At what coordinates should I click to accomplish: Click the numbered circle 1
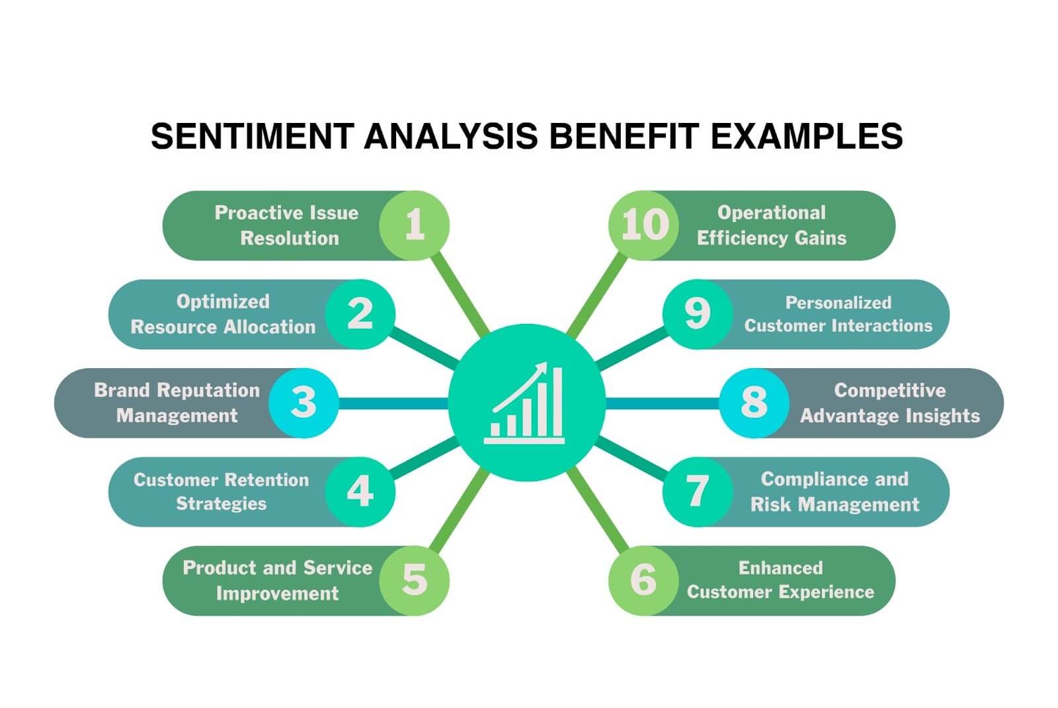tap(415, 225)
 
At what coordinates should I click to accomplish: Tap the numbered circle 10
tap(643, 225)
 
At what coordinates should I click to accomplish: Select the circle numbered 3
tap(304, 403)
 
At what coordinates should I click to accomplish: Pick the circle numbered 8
tap(754, 403)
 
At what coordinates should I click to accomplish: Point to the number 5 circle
tap(415, 580)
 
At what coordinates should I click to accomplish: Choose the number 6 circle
tap(643, 580)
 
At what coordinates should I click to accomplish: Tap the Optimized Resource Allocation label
tap(223, 314)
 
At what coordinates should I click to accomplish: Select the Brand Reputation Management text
tap(177, 403)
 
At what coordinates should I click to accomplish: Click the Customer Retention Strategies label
tap(221, 491)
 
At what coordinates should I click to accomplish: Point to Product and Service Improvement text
tap(277, 580)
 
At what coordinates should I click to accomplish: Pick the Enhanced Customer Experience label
tap(780, 580)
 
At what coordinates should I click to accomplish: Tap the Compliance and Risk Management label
tap(834, 491)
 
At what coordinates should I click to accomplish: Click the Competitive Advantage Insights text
tap(889, 403)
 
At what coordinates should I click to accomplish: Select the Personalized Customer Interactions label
tap(838, 314)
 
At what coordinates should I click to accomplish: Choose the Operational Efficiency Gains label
tap(771, 225)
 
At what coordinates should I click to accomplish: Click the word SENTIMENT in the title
tap(251, 136)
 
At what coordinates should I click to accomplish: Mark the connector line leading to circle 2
tap(423, 347)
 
